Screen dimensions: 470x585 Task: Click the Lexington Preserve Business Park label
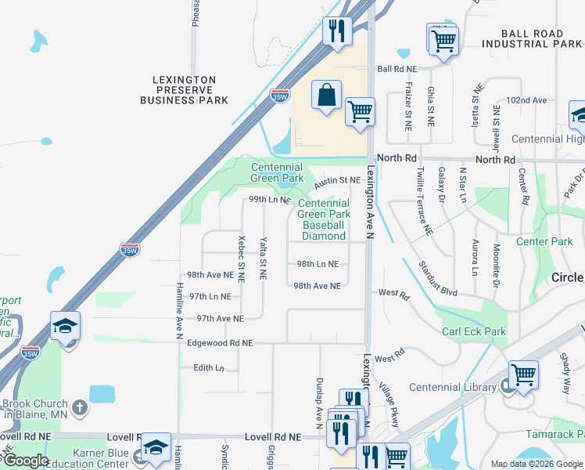point(184,90)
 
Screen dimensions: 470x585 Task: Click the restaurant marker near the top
point(337,31)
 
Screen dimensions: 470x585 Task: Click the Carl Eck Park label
point(473,331)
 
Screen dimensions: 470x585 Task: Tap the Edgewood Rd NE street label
point(220,343)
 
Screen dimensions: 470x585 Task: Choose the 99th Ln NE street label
point(270,200)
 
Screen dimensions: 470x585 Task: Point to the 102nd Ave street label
point(526,100)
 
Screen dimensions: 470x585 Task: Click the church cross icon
point(80,407)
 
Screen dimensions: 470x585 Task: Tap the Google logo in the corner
point(26,461)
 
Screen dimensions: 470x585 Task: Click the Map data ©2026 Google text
point(536,464)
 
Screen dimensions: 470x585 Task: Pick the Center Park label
point(544,241)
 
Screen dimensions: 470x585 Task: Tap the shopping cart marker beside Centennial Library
point(522,374)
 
